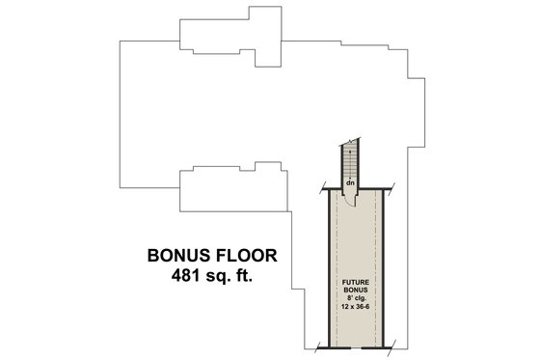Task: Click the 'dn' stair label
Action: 351,181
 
